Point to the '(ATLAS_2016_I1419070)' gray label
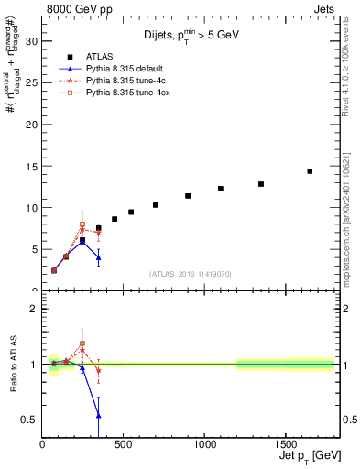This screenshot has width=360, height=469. click(x=190, y=274)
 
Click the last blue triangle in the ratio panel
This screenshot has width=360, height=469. click(x=98, y=415)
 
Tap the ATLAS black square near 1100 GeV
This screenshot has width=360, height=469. click(x=221, y=189)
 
